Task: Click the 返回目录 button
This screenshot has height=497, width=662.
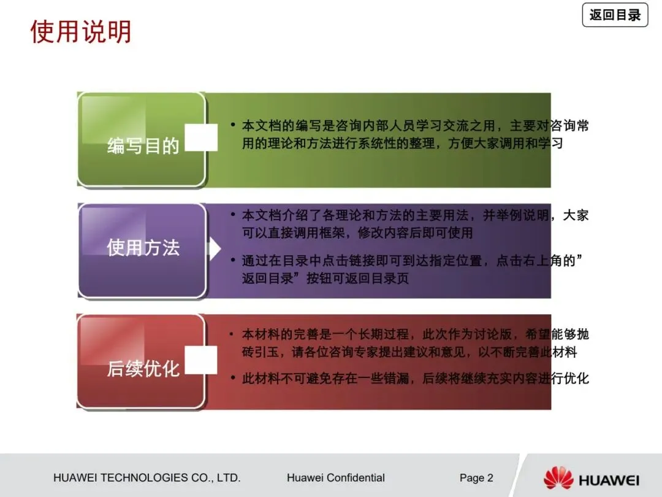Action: pyautogui.click(x=615, y=15)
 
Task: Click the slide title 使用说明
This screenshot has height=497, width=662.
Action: pyautogui.click(x=81, y=32)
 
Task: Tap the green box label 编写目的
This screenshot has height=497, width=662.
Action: pyautogui.click(x=143, y=146)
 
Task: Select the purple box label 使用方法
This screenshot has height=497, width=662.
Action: pyautogui.click(x=143, y=248)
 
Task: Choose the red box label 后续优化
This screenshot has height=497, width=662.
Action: pyautogui.click(x=143, y=369)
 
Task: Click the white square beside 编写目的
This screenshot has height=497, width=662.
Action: pyautogui.click(x=201, y=138)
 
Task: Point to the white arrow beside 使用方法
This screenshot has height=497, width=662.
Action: pyautogui.click(x=214, y=249)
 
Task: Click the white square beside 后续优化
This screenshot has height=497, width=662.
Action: pyautogui.click(x=201, y=360)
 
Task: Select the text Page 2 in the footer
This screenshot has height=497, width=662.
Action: pyautogui.click(x=476, y=478)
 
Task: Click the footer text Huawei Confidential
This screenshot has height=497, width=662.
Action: pyautogui.click(x=335, y=478)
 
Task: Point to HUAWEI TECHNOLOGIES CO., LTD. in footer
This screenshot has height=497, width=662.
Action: pyautogui.click(x=146, y=478)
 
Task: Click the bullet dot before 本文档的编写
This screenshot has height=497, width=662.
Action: pyautogui.click(x=233, y=125)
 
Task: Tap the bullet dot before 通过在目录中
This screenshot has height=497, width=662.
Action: pyautogui.click(x=233, y=261)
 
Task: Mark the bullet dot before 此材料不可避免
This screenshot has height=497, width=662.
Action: pyautogui.click(x=233, y=378)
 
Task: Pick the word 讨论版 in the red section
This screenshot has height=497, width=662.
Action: pyautogui.click(x=501, y=335)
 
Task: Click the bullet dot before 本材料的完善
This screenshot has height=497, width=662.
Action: pyautogui.click(x=233, y=334)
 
